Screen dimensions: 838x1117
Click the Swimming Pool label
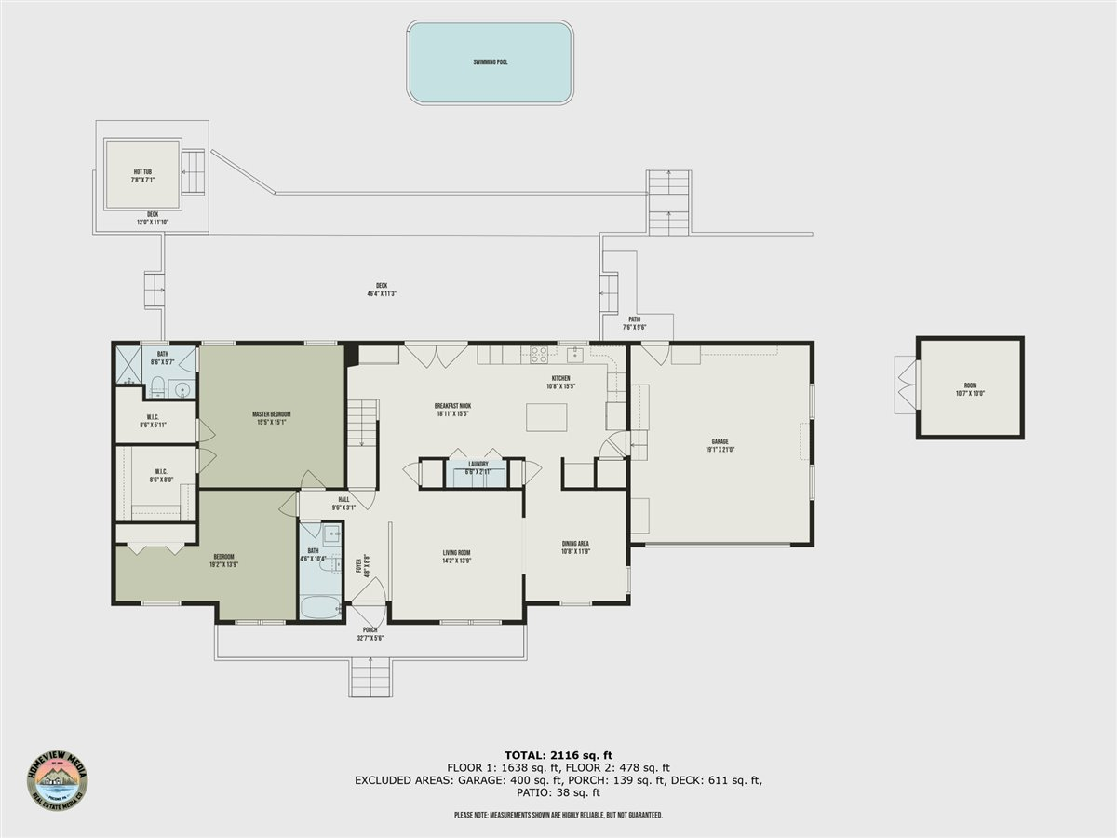tap(490, 62)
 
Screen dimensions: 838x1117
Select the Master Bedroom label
tap(272, 418)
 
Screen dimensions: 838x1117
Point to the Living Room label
tap(456, 557)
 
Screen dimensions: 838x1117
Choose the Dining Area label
tap(575, 547)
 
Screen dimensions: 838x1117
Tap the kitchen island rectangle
tap(546, 416)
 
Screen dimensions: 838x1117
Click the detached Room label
tap(970, 388)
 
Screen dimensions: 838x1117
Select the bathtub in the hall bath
tap(321, 608)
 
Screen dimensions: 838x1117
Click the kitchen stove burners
tap(539, 354)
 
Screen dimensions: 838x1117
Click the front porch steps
tap(370, 677)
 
